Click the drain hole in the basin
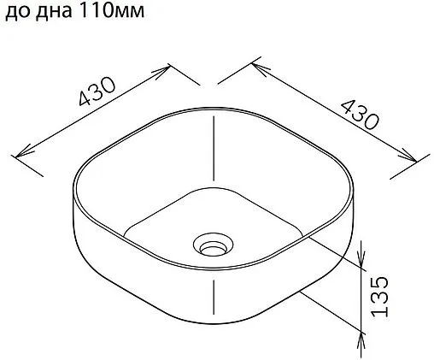click(209, 245)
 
